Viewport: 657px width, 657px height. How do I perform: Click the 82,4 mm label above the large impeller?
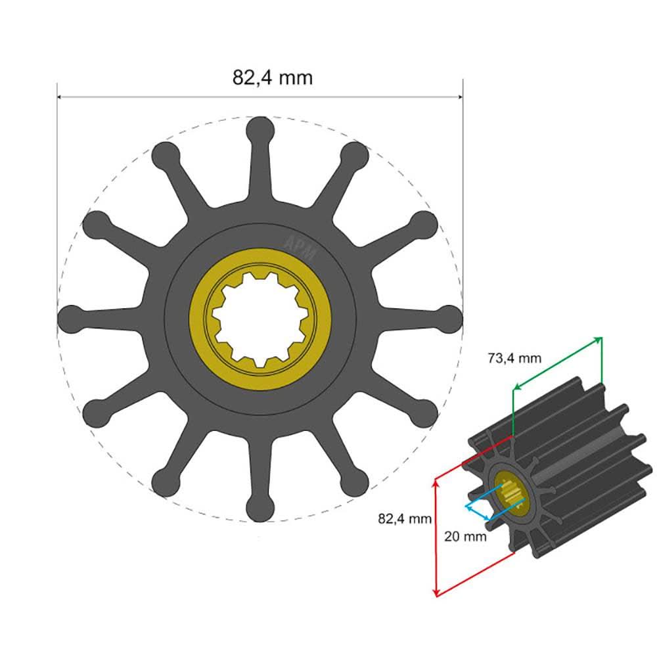click(272, 78)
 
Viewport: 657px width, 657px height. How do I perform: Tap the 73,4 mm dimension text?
click(514, 358)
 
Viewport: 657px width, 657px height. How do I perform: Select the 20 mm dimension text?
click(465, 537)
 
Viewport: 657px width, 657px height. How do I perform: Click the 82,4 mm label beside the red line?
click(404, 518)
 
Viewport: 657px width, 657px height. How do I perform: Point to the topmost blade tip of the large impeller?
click(260, 128)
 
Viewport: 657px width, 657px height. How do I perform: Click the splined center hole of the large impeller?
click(260, 319)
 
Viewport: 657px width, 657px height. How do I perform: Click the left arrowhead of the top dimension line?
click(60, 97)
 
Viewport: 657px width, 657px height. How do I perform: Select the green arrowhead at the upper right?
click(599, 339)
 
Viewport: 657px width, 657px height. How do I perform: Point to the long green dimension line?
click(557, 362)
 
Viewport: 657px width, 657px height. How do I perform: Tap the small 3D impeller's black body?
click(578, 460)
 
